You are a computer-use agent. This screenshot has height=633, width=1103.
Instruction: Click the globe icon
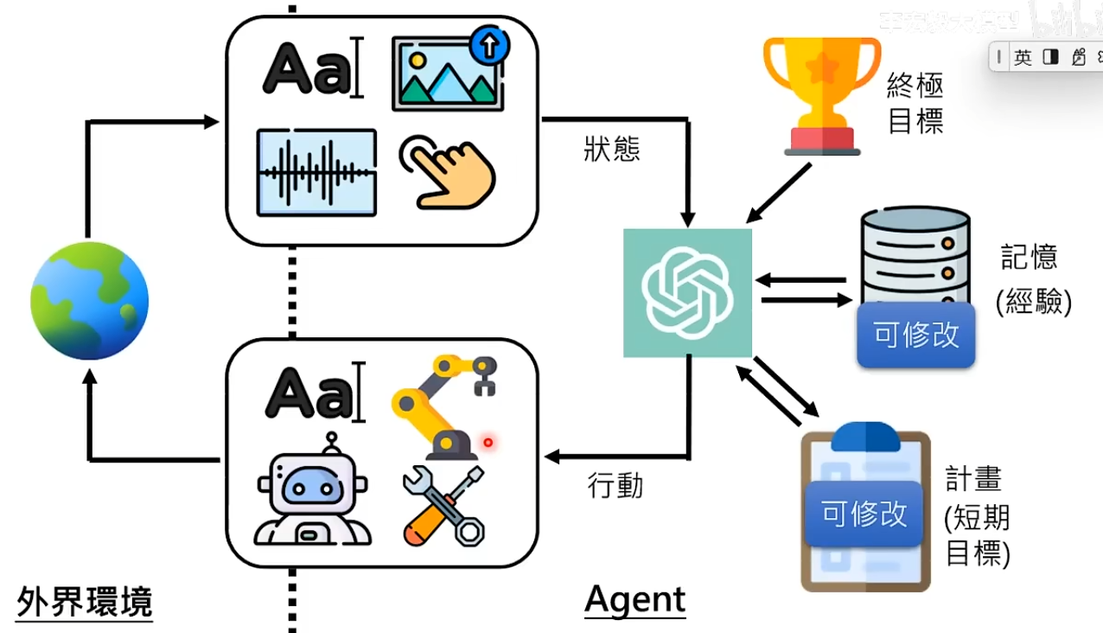(x=90, y=301)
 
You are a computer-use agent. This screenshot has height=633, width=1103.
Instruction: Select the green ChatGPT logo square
(x=687, y=293)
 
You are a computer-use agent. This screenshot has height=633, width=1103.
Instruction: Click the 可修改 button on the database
(x=916, y=335)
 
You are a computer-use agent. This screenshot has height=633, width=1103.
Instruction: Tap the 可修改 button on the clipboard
(x=864, y=515)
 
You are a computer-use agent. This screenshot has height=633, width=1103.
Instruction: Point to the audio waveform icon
(x=316, y=172)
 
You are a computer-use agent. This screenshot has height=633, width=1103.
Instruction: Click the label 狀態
(x=612, y=150)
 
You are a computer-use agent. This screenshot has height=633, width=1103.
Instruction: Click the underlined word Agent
(x=635, y=599)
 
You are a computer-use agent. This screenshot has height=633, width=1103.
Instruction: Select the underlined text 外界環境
(x=85, y=601)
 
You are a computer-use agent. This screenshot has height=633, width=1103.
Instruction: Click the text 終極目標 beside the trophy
(x=915, y=103)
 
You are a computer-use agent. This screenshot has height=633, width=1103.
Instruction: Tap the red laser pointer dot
(x=488, y=443)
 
